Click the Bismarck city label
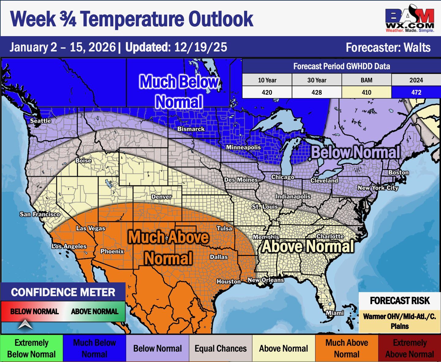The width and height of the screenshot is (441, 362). (191, 129)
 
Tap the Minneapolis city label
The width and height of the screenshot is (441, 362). (243, 147)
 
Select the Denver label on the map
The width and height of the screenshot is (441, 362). (161, 197)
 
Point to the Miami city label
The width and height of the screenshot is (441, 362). (334, 313)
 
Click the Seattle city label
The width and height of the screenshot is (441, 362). (40, 121)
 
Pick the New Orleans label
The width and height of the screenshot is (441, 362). (266, 280)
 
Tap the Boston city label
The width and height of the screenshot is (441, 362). (398, 172)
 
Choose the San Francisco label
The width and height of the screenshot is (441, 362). (40, 214)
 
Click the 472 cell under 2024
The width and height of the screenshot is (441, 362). (416, 92)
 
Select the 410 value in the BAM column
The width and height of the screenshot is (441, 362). (366, 92)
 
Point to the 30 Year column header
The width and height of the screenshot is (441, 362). (317, 80)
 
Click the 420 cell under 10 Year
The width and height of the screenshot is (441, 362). (267, 92)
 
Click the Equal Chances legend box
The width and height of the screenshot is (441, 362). (221, 349)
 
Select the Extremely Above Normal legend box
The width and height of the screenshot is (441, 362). (409, 349)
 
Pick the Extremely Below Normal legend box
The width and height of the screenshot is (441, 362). (31, 349)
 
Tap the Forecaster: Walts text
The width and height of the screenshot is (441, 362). (388, 47)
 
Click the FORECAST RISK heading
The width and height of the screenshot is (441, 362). (400, 301)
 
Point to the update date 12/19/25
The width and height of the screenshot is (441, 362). (201, 47)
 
